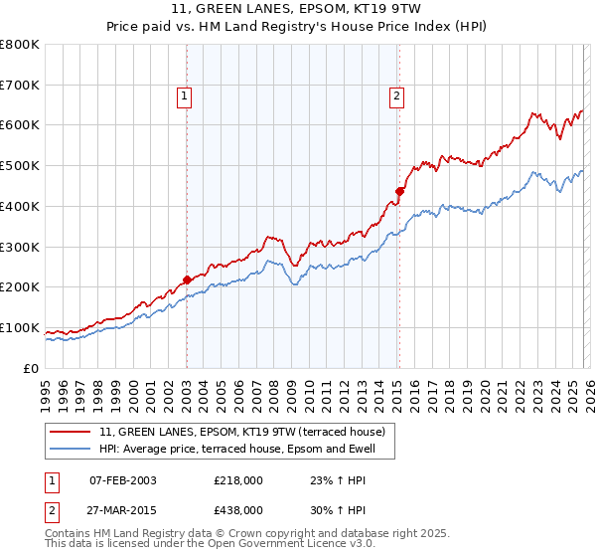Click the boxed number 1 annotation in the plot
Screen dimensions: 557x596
pyautogui.click(x=185, y=96)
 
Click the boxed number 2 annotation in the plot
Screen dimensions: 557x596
pyautogui.click(x=396, y=96)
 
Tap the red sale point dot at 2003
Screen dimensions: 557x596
pyautogui.click(x=187, y=280)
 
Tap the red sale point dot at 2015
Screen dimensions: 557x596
pyautogui.click(x=399, y=191)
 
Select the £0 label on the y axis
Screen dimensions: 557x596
pyautogui.click(x=33, y=369)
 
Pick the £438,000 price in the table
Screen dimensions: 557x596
pyautogui.click(x=237, y=509)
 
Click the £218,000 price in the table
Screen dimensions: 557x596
pyautogui.click(x=237, y=480)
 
